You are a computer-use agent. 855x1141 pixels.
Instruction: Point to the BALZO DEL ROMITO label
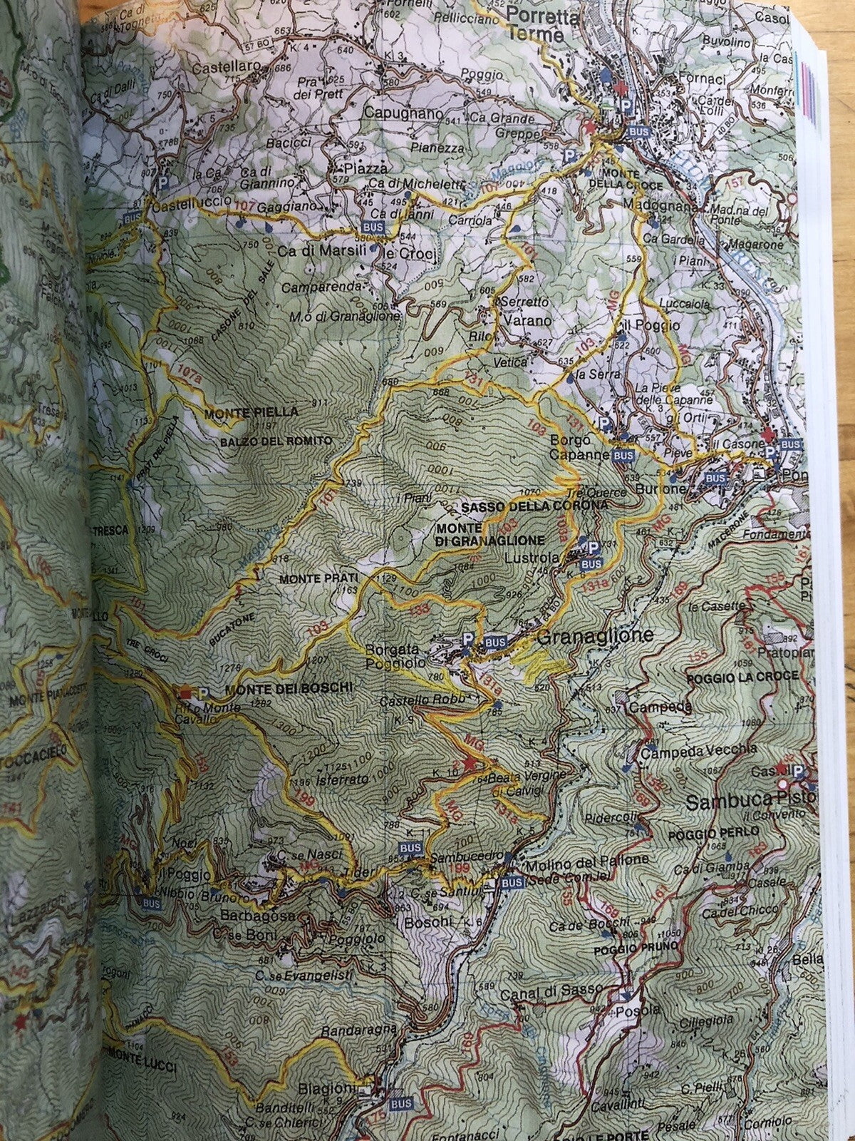pyautogui.click(x=271, y=441)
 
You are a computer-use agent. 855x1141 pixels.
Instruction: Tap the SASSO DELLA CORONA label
pyautogui.click(x=534, y=505)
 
